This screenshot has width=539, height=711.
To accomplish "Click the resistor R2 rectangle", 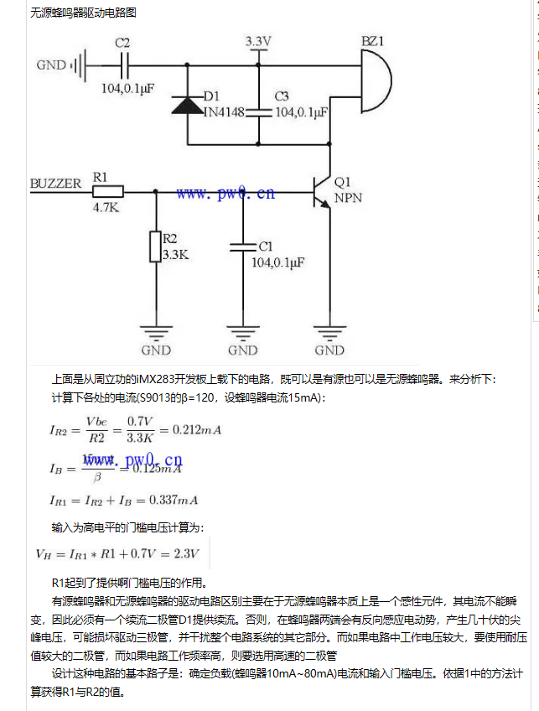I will [x=155, y=247].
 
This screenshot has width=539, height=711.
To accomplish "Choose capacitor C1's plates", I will [x=242, y=247].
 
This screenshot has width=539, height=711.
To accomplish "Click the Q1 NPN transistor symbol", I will [x=323, y=191].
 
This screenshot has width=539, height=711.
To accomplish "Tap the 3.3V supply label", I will [x=258, y=41].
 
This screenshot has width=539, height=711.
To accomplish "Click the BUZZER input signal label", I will [x=55, y=183].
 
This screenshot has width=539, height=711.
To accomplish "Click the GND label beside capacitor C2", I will [x=51, y=65].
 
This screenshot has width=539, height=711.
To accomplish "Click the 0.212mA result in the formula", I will [x=196, y=430].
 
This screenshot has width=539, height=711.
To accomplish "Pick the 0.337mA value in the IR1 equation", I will [x=173, y=501].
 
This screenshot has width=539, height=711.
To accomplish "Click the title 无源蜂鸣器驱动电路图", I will [x=82, y=13].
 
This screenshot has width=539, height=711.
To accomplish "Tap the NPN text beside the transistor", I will [x=348, y=199].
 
